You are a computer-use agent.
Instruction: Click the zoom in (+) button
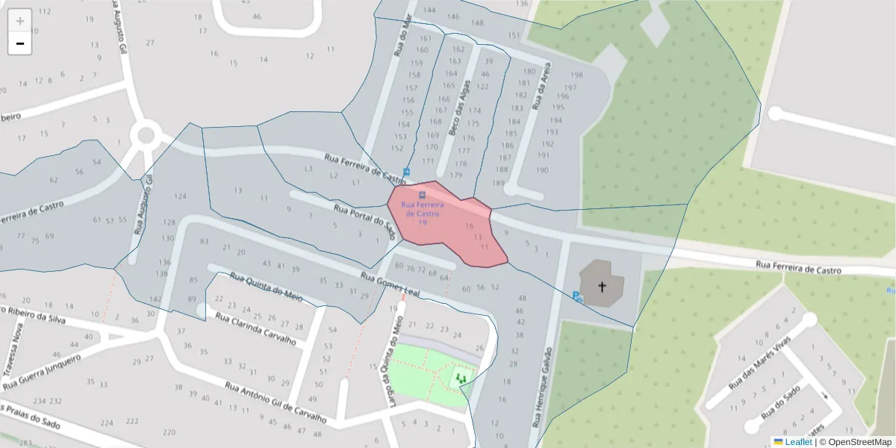[20, 20]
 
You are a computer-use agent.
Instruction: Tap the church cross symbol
[601, 285]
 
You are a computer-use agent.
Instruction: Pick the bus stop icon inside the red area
[422, 196]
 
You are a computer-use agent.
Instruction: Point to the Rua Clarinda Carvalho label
[255, 329]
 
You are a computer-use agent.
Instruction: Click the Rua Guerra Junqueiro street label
[42, 371]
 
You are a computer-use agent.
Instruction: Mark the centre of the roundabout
[145, 136]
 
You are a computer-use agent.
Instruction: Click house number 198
[576, 75]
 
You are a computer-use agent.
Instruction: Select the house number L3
[308, 169]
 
